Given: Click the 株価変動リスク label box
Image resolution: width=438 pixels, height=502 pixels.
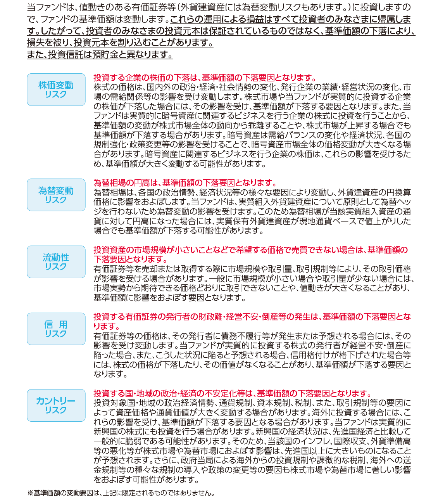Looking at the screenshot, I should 56,90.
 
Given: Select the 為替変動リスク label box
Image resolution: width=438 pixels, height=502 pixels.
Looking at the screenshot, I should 56,195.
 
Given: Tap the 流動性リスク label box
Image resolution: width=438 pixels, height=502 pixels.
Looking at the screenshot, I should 56,262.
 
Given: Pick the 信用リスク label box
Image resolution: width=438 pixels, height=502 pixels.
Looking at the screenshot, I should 56,329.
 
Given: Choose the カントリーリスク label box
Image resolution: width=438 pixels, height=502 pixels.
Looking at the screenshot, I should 56,405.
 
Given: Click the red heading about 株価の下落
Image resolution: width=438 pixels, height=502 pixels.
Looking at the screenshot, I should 205,78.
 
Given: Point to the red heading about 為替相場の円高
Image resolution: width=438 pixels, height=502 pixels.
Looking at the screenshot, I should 185,183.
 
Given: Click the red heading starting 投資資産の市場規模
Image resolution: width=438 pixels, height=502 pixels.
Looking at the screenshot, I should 250,250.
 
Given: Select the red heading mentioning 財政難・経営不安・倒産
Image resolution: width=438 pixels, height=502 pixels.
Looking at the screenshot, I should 252,317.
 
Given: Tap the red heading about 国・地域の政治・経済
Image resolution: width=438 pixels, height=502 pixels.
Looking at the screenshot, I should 233,394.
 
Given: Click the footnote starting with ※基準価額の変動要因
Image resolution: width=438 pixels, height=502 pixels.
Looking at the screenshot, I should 121,493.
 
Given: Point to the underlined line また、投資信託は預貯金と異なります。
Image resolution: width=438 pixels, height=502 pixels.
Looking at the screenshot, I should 100,55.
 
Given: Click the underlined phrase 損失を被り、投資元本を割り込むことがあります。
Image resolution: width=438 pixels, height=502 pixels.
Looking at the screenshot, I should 120,43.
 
